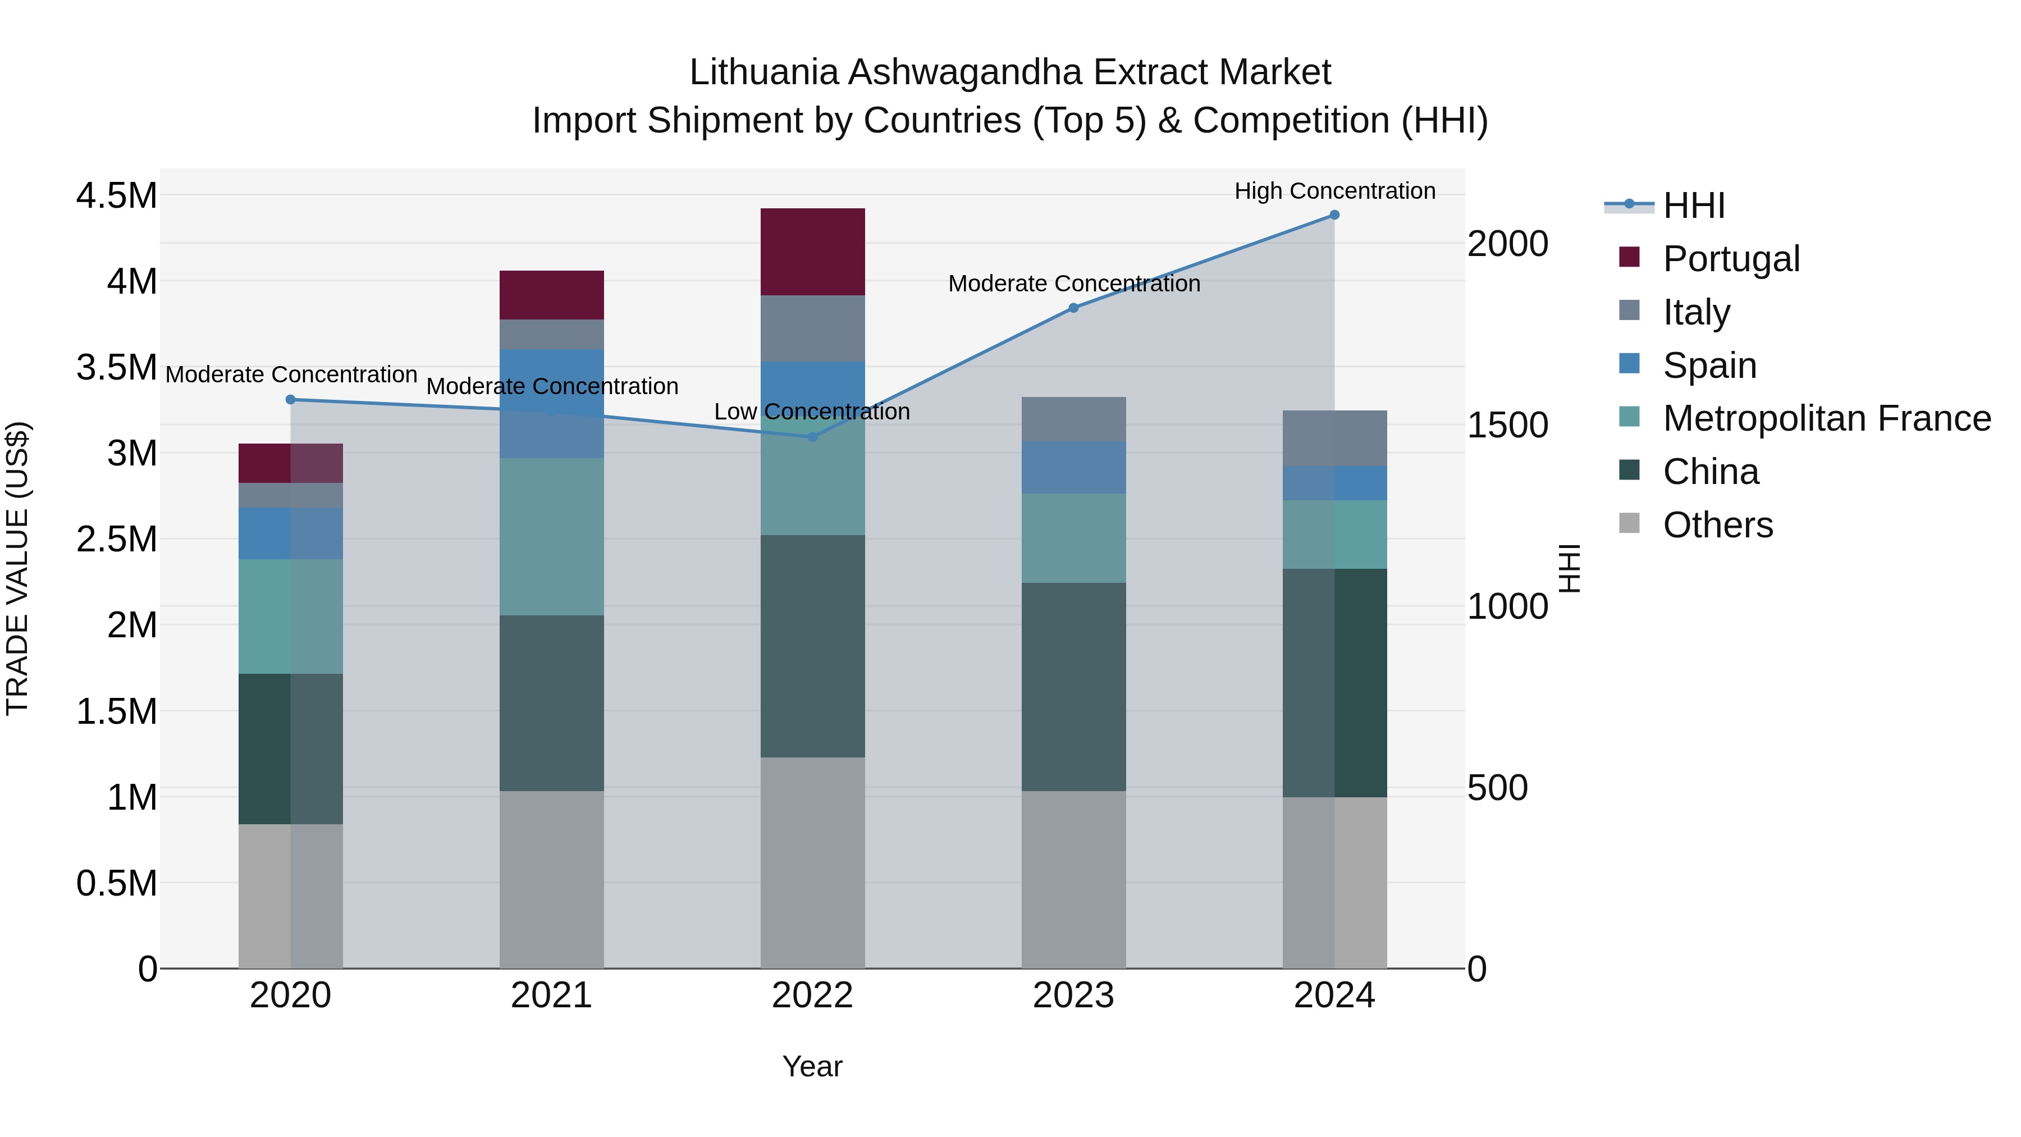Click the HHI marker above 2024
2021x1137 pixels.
[x=1334, y=215]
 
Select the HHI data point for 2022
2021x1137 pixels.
[x=813, y=437]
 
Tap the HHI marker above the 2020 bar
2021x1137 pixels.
[x=290, y=399]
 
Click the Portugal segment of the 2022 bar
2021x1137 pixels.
[x=813, y=252]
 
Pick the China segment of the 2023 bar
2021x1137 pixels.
[x=1073, y=687]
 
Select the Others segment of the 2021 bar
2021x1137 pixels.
[x=551, y=879]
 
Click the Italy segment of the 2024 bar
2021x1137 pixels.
[x=1334, y=439]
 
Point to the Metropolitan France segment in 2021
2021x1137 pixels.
[x=551, y=537]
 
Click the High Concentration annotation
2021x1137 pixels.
[x=1334, y=191]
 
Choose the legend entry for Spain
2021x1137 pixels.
[x=1709, y=366]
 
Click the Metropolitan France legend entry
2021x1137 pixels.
[x=1826, y=419]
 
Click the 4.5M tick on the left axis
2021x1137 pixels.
[x=116, y=196]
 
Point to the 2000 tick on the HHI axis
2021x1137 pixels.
[x=1507, y=244]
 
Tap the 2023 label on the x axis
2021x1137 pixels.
[x=1073, y=996]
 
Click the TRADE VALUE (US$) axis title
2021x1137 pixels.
[x=18, y=568]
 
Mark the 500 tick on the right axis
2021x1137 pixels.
[x=1497, y=788]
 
